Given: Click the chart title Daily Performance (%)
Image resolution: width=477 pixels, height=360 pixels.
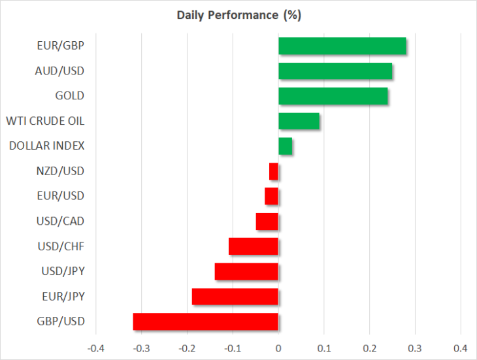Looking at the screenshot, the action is (239, 15).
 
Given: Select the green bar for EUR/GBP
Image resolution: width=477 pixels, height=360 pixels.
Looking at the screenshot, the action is (342, 46).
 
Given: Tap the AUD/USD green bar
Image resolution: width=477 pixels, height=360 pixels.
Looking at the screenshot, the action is (335, 71).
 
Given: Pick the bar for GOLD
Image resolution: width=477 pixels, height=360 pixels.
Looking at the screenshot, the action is (333, 96).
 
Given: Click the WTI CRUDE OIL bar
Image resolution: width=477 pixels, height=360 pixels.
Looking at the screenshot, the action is (299, 121).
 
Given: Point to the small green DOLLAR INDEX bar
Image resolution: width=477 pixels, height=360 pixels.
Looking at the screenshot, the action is (286, 146).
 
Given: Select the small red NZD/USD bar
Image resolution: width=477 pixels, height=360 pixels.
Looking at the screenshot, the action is (274, 171).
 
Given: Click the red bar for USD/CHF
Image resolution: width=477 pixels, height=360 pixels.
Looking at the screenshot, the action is (254, 246).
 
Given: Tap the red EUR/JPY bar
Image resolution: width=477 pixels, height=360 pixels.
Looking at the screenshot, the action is (235, 297).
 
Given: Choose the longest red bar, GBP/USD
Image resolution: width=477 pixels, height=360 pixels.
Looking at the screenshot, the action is (206, 321).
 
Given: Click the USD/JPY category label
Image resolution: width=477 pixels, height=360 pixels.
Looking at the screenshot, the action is (63, 271).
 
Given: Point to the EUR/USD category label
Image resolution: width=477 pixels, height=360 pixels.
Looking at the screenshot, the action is (61, 196).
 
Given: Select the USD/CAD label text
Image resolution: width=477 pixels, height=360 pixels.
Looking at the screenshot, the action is (60, 221).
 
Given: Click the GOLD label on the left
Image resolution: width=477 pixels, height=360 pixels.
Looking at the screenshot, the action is (70, 96).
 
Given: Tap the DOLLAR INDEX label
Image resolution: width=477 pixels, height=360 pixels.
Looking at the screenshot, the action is (47, 146).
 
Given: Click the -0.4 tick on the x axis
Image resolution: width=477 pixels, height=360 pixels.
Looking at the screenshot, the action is (96, 348).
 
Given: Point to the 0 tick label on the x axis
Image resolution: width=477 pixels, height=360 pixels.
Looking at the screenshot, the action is (278, 348).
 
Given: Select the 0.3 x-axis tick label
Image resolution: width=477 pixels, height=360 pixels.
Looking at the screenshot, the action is (415, 348).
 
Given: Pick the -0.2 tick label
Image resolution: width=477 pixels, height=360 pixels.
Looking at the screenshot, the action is (187, 348).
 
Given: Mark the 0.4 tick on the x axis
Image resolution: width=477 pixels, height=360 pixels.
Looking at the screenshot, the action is (461, 348).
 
